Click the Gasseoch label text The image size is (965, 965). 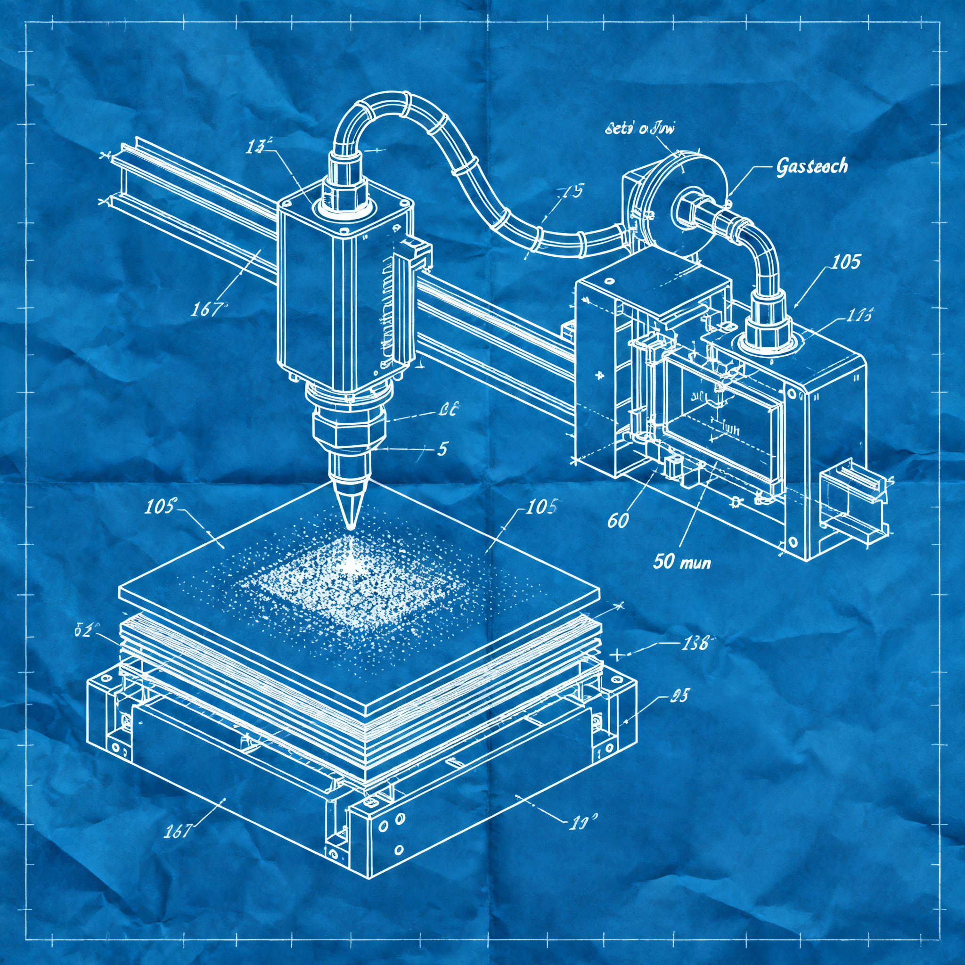point(812,166)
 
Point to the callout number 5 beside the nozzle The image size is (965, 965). point(442,449)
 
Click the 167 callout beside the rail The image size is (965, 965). point(206,310)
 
